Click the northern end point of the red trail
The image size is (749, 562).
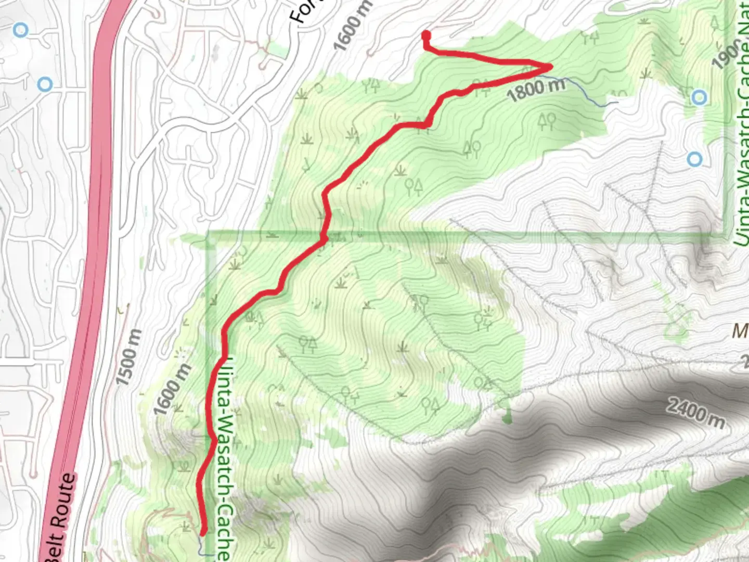[x=426, y=35]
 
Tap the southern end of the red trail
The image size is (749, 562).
[x=203, y=531]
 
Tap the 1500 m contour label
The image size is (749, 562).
[x=128, y=357]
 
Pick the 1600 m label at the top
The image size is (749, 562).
[x=353, y=26]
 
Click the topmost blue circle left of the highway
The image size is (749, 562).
[x=20, y=30]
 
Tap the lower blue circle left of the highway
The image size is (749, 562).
[x=45, y=84]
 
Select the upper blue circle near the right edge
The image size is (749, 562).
[x=700, y=97]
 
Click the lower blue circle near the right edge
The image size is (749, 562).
[x=694, y=159]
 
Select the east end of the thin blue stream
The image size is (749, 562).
[x=617, y=103]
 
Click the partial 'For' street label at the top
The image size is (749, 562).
[x=302, y=11]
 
